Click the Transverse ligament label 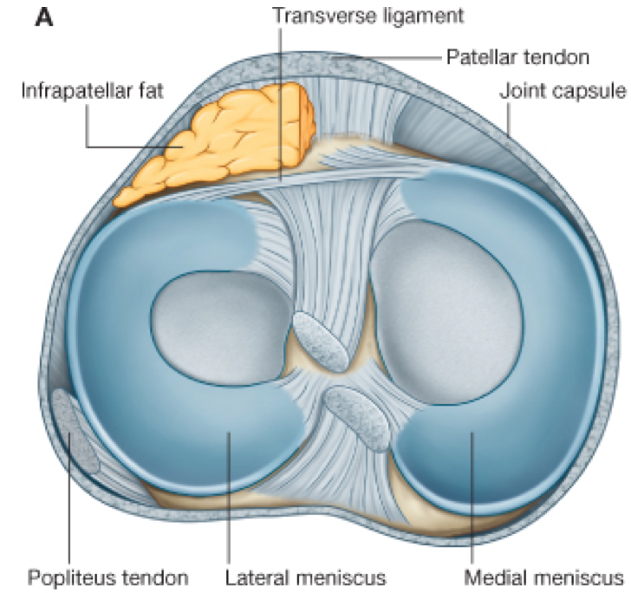tap(368, 16)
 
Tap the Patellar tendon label tap(517, 59)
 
